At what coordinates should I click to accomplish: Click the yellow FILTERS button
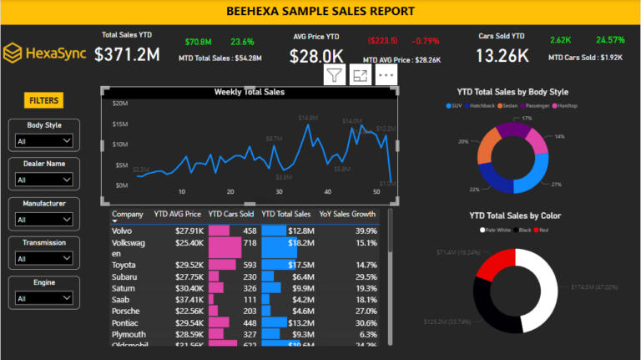tap(44, 100)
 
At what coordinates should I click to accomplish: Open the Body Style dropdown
tap(44, 141)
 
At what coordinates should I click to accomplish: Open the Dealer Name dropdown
tap(44, 180)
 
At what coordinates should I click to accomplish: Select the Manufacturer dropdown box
tap(44, 220)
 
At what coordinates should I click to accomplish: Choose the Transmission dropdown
tap(44, 259)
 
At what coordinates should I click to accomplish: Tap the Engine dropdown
tap(44, 298)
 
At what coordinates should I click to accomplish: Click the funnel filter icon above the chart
tap(334, 75)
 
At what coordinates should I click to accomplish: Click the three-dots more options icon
tap(385, 75)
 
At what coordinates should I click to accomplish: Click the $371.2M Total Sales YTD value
tap(127, 55)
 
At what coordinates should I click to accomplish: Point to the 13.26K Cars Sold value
tap(502, 56)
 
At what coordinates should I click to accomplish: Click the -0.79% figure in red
tap(427, 41)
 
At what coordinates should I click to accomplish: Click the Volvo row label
tap(122, 231)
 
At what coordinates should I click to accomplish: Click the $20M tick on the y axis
tap(119, 104)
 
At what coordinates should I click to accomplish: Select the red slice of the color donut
tap(492, 266)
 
